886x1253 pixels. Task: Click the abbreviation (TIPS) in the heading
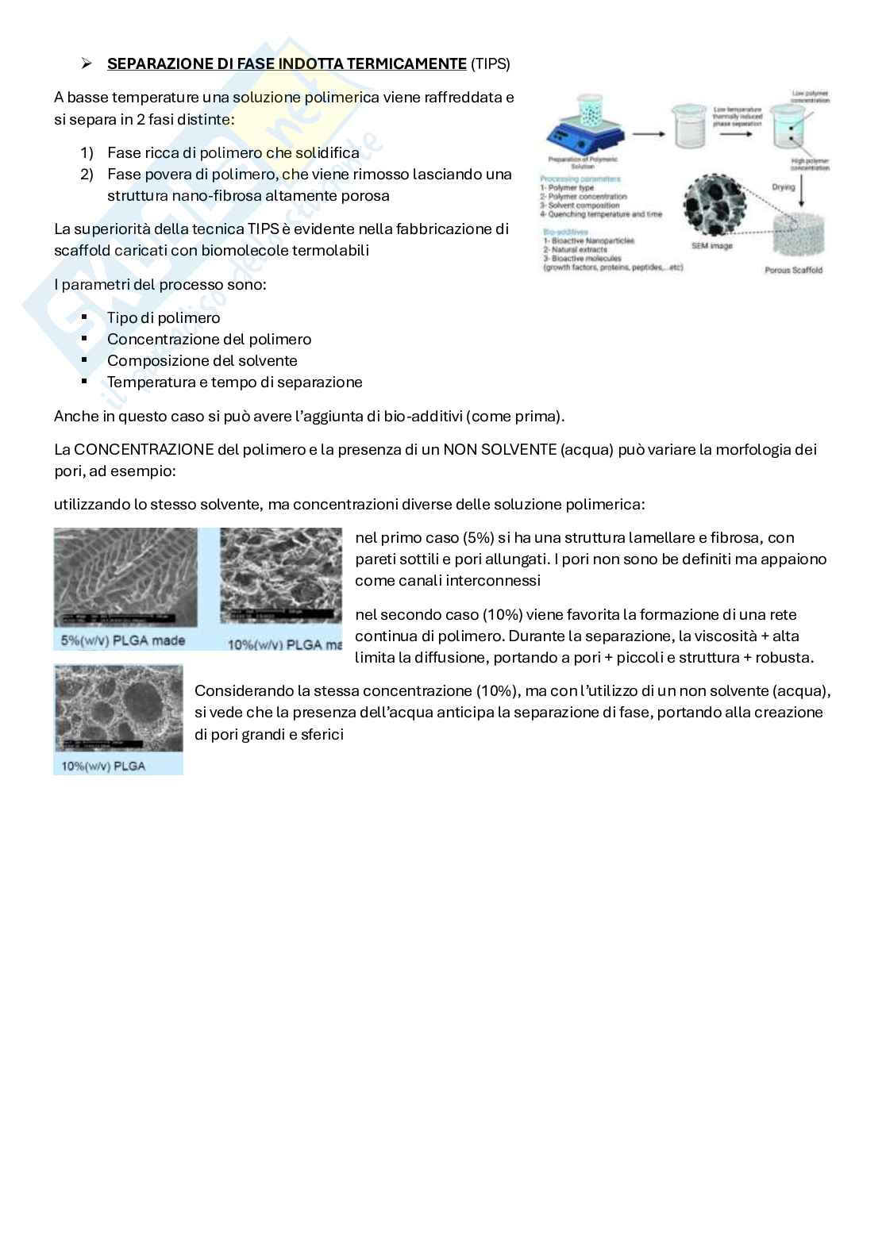(490, 64)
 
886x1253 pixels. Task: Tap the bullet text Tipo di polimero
(164, 318)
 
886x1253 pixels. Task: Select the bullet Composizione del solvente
(202, 361)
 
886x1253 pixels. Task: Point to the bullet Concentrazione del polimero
(209, 340)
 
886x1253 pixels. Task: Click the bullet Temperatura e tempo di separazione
(234, 382)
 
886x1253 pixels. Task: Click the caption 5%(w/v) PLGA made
(123, 640)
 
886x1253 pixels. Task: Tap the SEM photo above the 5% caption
(125, 577)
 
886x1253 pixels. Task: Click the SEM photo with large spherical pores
(118, 708)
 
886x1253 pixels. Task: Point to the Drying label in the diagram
(783, 187)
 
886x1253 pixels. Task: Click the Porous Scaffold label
(793, 271)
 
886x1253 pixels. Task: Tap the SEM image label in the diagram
(711, 246)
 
